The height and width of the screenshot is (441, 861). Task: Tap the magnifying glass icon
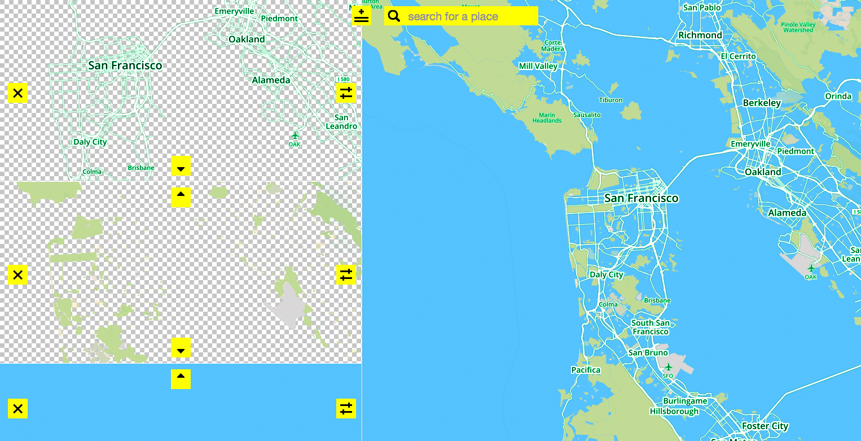pos(394,16)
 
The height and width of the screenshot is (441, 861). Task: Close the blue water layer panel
pos(17,408)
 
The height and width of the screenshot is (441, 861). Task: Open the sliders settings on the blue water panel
pos(346,408)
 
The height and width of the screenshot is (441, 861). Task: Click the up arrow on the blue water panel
pos(181,379)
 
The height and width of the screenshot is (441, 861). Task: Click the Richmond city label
pos(700,35)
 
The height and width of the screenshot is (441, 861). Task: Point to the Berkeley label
pos(761,103)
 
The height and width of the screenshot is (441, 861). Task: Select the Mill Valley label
pos(538,66)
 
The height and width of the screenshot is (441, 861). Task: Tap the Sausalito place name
pos(587,115)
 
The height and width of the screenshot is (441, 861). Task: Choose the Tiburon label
pos(610,100)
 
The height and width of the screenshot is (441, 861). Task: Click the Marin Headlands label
pos(547,117)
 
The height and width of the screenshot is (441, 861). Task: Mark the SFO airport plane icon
pos(669,367)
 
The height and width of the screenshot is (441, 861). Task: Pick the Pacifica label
pos(585,370)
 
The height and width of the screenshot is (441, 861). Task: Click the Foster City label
pos(765,426)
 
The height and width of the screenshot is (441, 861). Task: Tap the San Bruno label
pos(648,353)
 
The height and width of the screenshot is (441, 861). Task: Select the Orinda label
pos(838,96)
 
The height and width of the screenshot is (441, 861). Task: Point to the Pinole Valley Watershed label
pos(798,27)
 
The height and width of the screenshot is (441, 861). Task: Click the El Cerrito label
pos(738,56)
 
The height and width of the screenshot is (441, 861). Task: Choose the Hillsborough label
pos(674,412)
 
